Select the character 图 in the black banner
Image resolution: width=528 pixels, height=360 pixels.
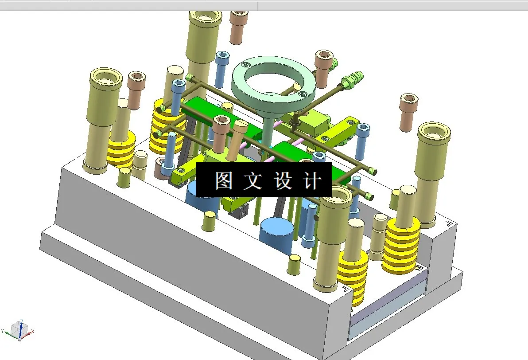223,180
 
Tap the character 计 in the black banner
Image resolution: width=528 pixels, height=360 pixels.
312,180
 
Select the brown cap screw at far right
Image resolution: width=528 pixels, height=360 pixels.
408,112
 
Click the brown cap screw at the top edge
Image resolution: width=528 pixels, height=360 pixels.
239,27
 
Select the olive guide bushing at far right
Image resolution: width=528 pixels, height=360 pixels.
433,173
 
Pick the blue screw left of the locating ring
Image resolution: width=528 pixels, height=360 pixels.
222,69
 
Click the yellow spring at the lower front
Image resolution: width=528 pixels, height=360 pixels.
353,277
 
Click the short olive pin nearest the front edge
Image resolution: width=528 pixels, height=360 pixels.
294,265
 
